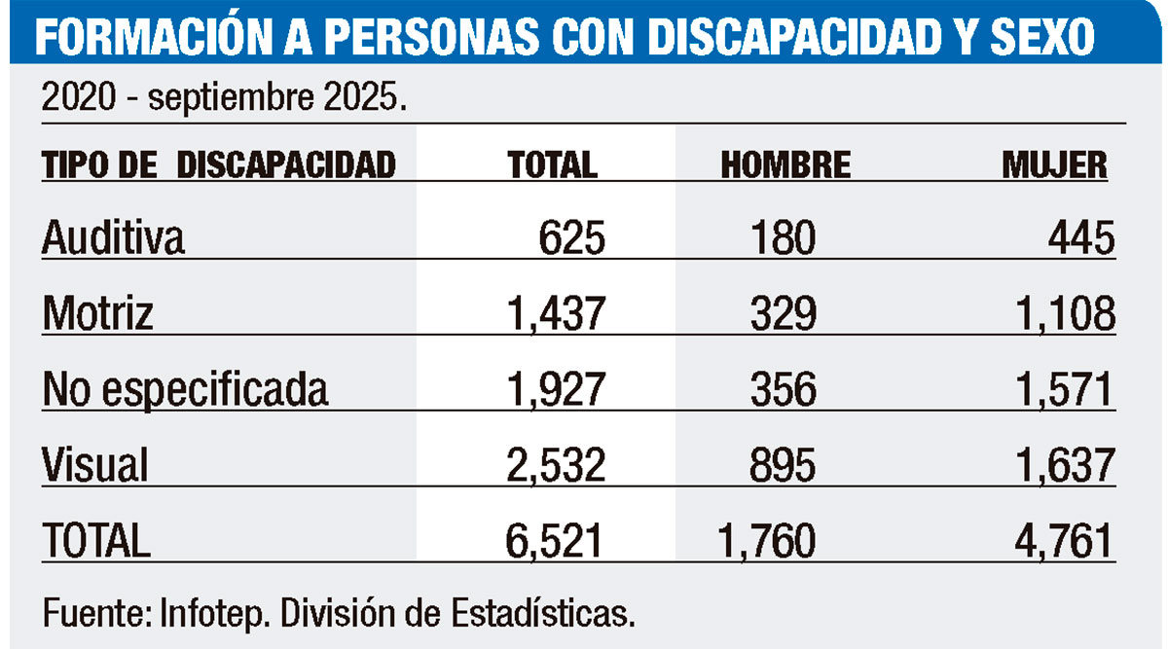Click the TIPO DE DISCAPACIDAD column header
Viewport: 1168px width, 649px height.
(x=219, y=164)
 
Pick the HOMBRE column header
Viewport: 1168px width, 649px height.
(x=785, y=165)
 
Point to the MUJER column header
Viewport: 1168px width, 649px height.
(x=1055, y=165)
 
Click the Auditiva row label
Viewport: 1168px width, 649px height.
(x=113, y=238)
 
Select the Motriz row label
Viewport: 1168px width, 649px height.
(x=98, y=314)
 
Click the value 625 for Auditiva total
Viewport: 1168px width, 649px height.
(x=571, y=238)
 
